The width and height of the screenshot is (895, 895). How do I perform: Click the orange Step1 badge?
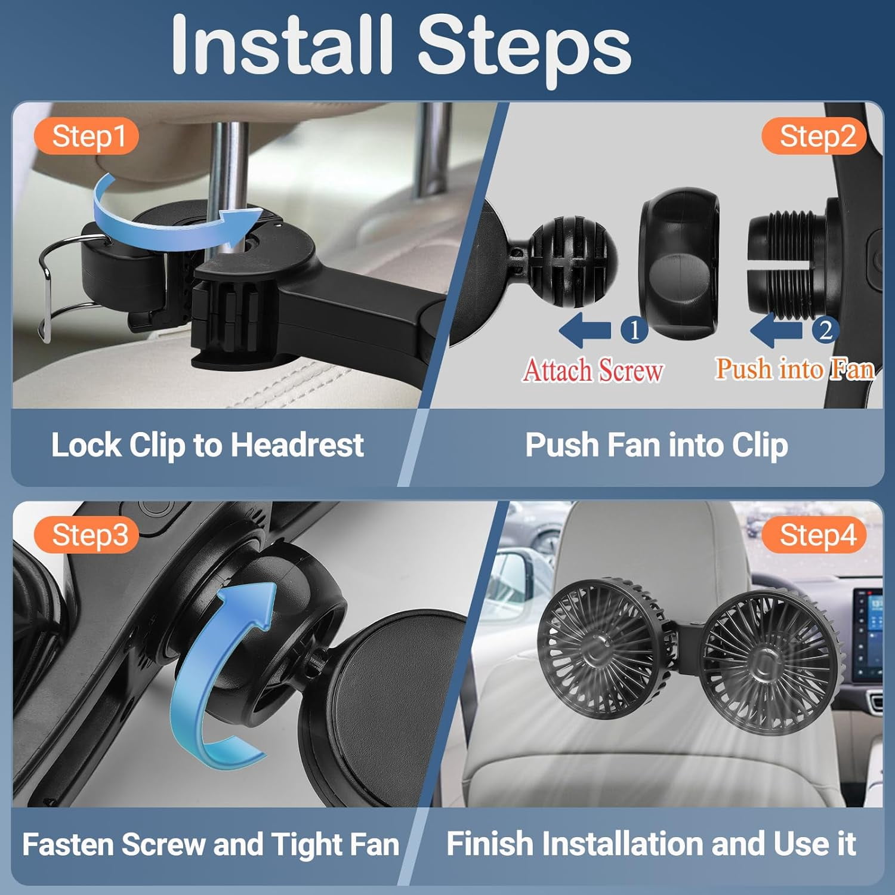(x=87, y=137)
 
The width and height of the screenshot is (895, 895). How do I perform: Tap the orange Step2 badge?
(x=815, y=137)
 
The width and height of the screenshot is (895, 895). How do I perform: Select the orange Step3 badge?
(x=87, y=535)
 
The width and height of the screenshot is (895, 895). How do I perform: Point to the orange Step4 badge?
(x=815, y=535)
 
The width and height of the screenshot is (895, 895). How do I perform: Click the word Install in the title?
(x=282, y=45)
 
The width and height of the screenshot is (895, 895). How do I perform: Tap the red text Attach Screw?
(x=593, y=370)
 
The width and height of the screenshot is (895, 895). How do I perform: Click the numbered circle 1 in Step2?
(x=634, y=329)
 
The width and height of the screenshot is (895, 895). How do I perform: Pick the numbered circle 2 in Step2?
(x=825, y=329)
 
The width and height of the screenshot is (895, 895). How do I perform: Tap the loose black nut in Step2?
(x=680, y=264)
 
